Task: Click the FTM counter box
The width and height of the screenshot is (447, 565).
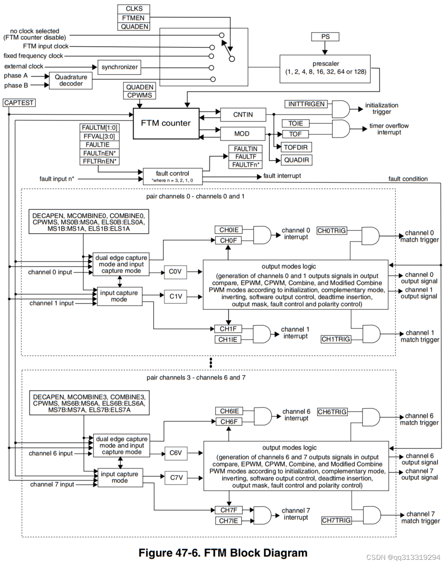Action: pos(166,123)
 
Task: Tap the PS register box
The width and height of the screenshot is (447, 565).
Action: pos(325,37)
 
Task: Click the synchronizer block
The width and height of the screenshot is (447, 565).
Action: pos(120,67)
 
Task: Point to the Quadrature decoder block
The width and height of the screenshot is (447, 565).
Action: pos(71,80)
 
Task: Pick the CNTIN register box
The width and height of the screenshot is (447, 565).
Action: pos(243,115)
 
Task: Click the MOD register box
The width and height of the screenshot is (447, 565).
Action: pos(242,134)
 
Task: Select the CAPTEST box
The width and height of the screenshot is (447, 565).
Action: pos(19,103)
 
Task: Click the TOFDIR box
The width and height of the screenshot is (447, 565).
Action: pos(295,147)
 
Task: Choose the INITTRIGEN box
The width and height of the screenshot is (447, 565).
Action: pos(306,104)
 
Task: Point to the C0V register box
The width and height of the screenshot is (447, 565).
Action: pos(175,272)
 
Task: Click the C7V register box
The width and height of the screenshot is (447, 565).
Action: pos(176,478)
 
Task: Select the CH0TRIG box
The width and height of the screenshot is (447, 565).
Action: pos(332,231)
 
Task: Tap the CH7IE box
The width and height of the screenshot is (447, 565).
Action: pos(228,521)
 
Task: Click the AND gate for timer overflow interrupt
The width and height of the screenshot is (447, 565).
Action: pos(340,128)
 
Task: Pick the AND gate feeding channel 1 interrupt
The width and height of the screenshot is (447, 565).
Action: pos(261,334)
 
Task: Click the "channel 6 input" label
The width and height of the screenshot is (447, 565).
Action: pos(51,453)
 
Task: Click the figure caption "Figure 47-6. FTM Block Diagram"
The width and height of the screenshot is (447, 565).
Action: pos(223,553)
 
